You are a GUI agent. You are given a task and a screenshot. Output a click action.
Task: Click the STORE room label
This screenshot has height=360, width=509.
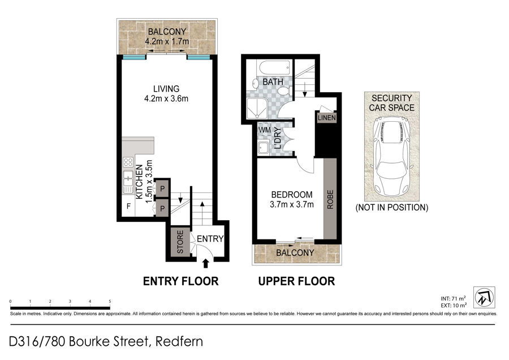[180, 242]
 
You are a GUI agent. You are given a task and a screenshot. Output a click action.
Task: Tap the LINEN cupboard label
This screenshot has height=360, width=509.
[326, 118]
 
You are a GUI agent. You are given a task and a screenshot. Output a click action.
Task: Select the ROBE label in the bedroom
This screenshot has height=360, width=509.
[330, 199]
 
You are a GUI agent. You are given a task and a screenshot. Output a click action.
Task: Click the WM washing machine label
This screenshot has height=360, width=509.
[265, 130]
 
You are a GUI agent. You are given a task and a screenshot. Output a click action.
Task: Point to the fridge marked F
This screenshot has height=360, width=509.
[128, 206]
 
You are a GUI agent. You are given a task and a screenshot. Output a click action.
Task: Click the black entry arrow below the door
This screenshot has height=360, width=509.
[205, 263]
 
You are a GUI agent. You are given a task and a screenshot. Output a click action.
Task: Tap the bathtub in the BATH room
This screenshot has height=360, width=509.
[274, 68]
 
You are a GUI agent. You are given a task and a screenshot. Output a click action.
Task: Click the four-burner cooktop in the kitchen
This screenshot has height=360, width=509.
[128, 162]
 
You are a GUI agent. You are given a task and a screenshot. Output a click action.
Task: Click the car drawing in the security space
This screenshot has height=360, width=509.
[391, 157]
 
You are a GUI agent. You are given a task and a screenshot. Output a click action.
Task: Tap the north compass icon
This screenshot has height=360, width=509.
[484, 297]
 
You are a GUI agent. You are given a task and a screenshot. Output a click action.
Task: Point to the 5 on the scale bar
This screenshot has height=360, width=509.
[110, 302]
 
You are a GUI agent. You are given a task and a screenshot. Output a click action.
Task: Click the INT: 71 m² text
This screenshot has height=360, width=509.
[453, 298]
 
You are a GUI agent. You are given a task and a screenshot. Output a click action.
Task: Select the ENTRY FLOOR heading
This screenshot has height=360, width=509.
[181, 281]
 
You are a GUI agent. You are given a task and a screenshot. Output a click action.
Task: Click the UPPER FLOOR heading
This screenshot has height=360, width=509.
[296, 281]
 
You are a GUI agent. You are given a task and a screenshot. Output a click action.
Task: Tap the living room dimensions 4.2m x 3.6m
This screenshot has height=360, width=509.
[166, 98]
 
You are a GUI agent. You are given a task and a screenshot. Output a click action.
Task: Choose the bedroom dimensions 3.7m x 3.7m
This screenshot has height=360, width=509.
[291, 204]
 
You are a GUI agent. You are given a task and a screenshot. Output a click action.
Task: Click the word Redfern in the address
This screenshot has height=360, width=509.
[179, 341]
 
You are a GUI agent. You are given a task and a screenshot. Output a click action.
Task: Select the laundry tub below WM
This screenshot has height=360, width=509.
[263, 148]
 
